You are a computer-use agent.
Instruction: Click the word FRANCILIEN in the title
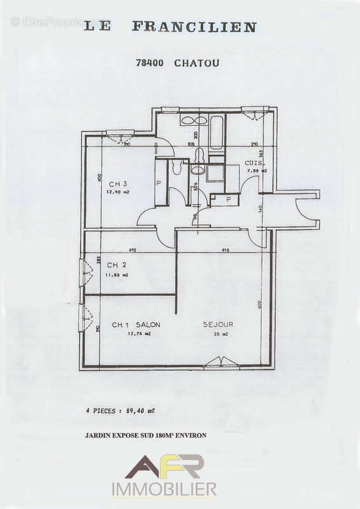pos(194,27)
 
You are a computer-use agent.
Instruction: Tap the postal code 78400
pos(150,63)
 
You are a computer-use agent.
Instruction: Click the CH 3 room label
pos(118,185)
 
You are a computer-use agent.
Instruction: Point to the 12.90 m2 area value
pos(118,192)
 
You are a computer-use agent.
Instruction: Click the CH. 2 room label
pos(116,265)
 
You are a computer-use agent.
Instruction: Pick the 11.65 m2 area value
pos(117,275)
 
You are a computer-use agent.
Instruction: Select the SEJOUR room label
pos(218,324)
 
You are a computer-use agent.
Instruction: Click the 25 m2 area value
pos(218,333)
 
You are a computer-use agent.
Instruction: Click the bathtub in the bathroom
pos(216,132)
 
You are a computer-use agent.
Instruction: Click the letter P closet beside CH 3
pos(158,183)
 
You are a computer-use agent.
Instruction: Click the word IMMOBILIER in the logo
pos(164,489)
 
